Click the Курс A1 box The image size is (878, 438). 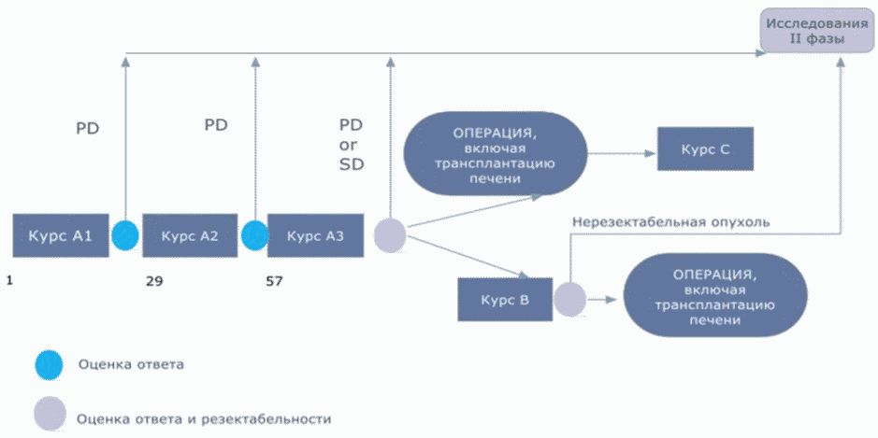click(61, 235)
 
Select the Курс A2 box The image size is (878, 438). click(190, 235)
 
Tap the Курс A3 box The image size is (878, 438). click(315, 235)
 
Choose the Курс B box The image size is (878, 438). click(505, 300)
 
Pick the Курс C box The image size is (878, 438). click(705, 148)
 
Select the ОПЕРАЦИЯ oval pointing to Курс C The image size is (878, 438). click(495, 153)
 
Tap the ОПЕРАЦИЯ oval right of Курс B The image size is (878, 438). click(714, 295)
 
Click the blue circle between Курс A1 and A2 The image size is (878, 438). click(125, 235)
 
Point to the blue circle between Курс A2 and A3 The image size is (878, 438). click(254, 235)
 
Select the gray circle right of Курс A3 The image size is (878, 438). click(390, 235)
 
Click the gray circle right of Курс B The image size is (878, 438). click(570, 299)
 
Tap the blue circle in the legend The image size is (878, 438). click(50, 365)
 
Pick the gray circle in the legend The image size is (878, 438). click(50, 414)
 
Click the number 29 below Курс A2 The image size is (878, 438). click(154, 281)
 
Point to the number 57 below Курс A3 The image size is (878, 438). click(274, 281)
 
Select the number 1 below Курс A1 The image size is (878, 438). click(9, 279)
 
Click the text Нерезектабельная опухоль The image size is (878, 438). click(670, 221)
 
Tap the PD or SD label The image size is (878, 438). click(352, 145)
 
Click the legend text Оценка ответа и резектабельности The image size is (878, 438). click(205, 418)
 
